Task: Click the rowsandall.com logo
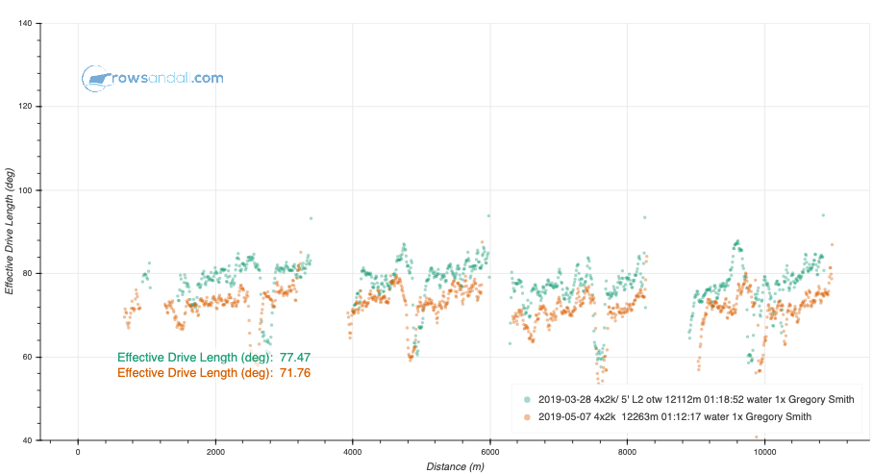click(153, 78)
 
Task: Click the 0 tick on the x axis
click(78, 451)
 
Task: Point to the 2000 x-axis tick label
click(215, 451)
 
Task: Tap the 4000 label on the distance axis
click(353, 451)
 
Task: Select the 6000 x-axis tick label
click(490, 451)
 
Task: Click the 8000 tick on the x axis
click(628, 451)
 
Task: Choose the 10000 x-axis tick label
click(765, 451)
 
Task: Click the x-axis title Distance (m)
click(457, 466)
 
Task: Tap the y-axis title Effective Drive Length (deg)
click(10, 231)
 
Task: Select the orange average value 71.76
click(295, 372)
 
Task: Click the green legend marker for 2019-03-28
click(526, 398)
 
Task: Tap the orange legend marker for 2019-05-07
click(526, 416)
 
